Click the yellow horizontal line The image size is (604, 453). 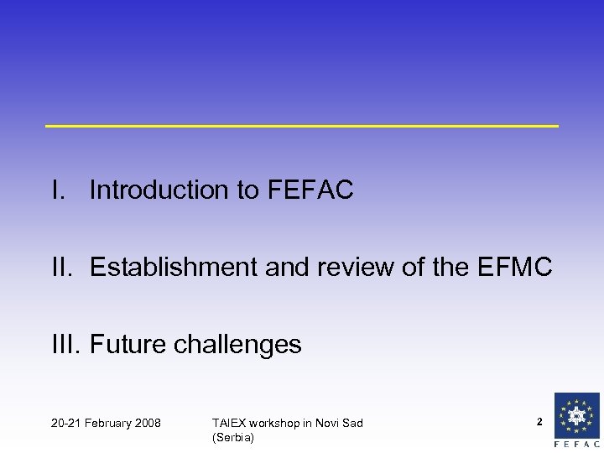tap(302, 126)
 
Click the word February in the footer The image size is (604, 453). tap(111, 423)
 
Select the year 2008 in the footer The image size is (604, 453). tap(148, 423)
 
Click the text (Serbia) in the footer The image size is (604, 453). tap(234, 437)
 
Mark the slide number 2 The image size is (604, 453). tap(539, 421)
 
